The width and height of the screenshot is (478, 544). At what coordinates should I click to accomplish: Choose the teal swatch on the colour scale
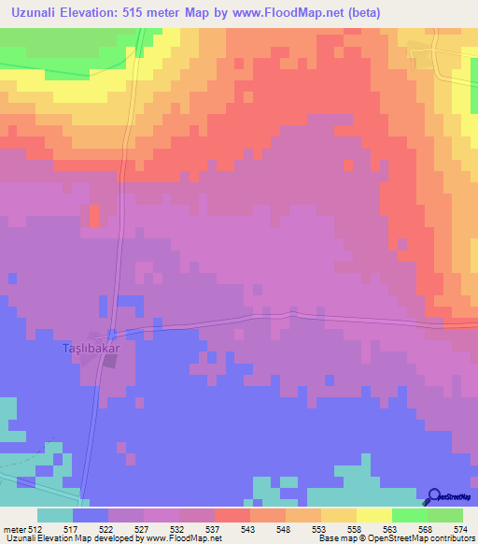[x=55, y=515]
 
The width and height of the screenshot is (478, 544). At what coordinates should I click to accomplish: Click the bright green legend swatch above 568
[x=410, y=515]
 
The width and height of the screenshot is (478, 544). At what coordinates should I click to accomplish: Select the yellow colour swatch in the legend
[x=374, y=515]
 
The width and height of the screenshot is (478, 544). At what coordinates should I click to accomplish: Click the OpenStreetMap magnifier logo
[x=433, y=496]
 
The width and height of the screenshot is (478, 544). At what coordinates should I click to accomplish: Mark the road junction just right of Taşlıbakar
[x=112, y=334]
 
